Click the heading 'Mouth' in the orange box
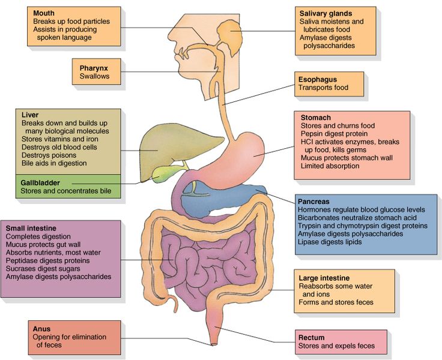coord(44,13)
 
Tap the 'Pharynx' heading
coord(93,68)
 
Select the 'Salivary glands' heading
coord(325,13)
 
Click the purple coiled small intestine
coord(204,264)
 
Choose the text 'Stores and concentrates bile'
coord(67,191)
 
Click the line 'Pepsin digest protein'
coord(335,134)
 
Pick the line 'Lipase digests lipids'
coord(330,242)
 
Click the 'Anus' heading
coord(43,329)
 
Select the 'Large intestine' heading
coord(324,278)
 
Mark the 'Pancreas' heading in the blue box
coord(314,201)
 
